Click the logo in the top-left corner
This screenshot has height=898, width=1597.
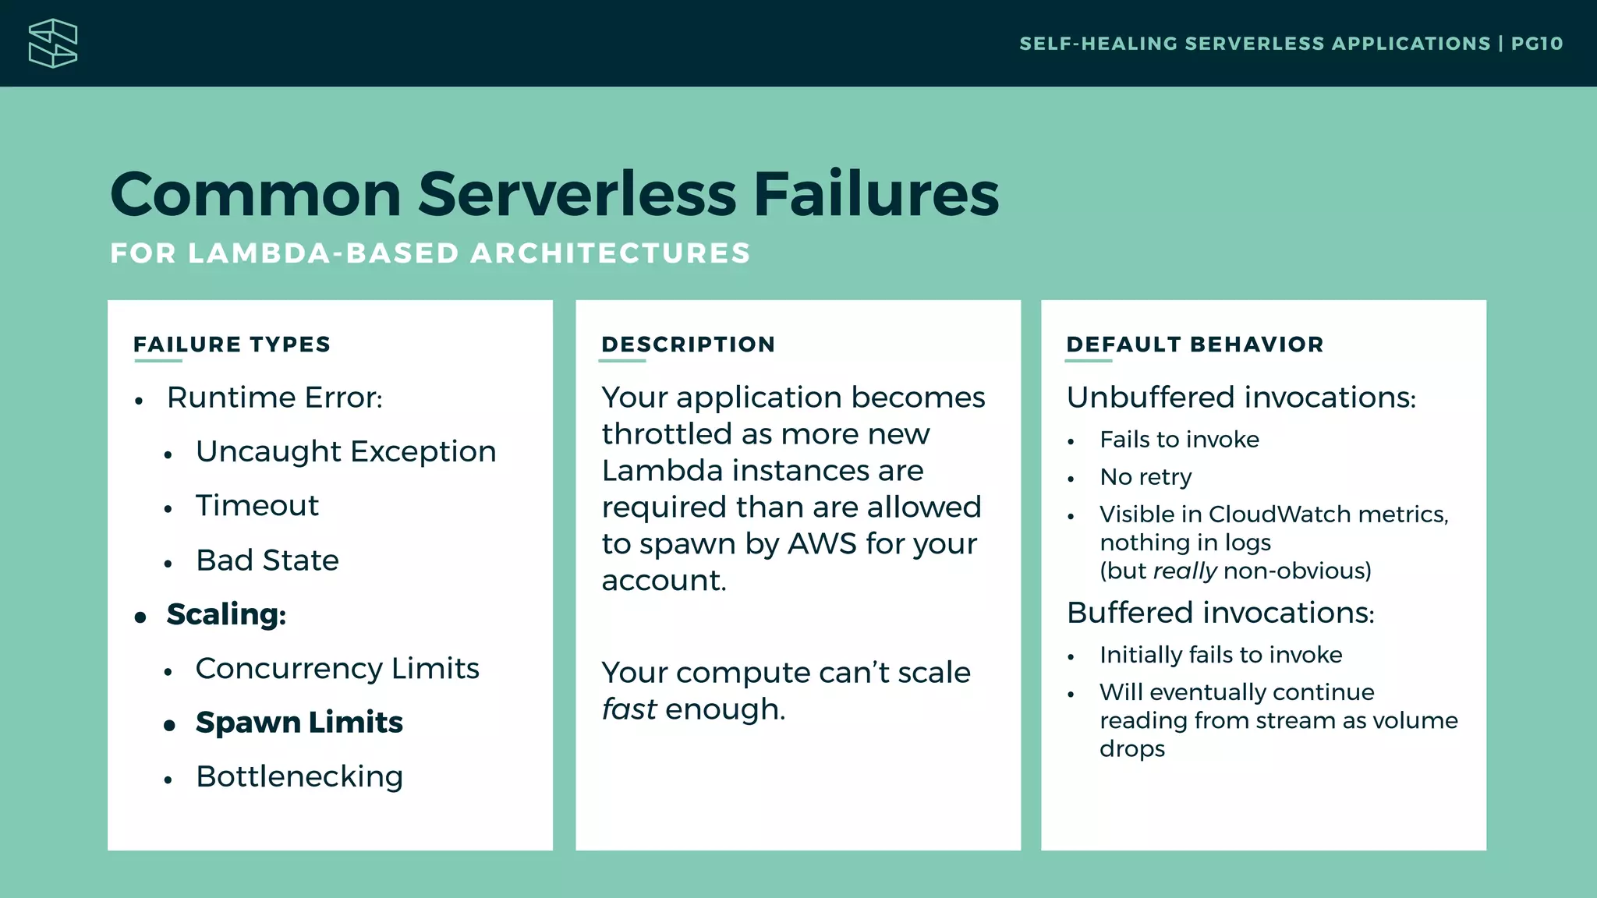[x=53, y=44]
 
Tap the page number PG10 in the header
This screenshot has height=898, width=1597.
[x=1536, y=44]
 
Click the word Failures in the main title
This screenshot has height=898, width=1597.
[x=876, y=194]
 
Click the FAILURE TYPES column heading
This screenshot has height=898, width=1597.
[x=232, y=345]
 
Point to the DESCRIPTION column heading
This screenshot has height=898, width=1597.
[x=688, y=345]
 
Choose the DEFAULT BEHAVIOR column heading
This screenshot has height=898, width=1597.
[x=1195, y=345]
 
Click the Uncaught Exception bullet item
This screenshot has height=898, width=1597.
[x=345, y=452]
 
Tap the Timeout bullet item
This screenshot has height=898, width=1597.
[x=257, y=506]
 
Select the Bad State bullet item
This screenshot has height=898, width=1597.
[x=267, y=560]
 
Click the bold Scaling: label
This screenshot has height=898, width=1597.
[x=226, y=614]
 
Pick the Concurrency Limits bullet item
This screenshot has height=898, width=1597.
[x=337, y=669]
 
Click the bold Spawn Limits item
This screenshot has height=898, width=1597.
[x=299, y=723]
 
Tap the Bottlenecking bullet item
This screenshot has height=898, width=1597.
[x=299, y=777]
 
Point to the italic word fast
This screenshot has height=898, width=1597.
[x=629, y=709]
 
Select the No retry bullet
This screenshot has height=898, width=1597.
[x=1145, y=477]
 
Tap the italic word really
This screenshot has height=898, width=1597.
[x=1184, y=571]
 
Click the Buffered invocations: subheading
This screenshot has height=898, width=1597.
[x=1220, y=613]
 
